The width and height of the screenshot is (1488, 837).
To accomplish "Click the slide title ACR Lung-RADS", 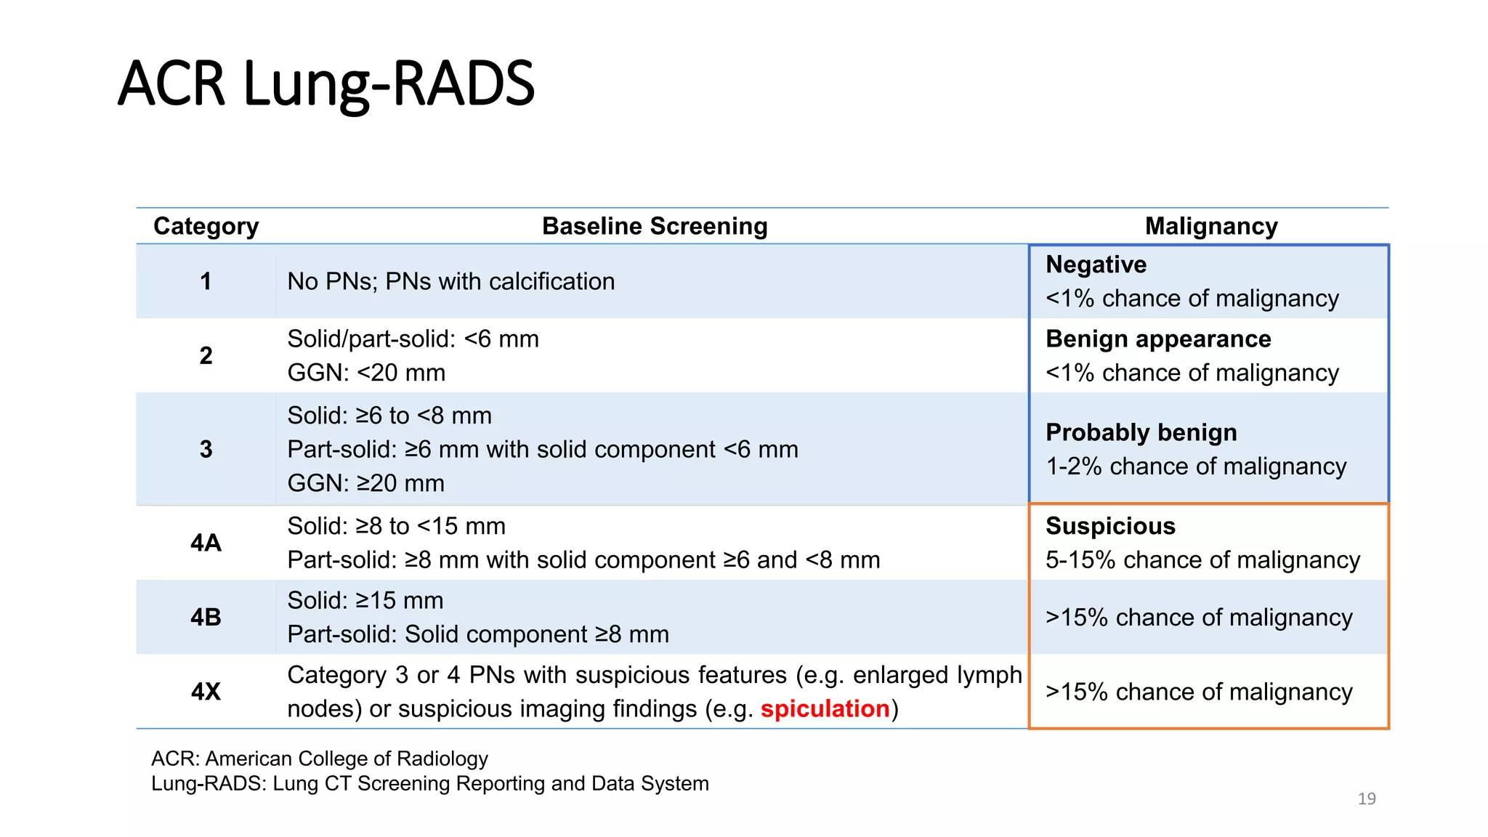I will (326, 84).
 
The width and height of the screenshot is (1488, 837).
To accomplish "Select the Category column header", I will (206, 226).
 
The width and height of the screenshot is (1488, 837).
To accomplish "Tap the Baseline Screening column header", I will (655, 226).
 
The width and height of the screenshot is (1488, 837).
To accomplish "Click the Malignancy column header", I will (1211, 226).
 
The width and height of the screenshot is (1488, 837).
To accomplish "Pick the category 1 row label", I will (206, 281).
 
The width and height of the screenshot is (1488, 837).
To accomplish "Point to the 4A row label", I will (206, 543).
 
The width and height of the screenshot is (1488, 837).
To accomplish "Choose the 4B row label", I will (206, 617).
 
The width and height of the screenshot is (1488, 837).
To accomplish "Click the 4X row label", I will (206, 691).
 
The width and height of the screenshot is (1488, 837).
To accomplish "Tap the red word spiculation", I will (825, 708).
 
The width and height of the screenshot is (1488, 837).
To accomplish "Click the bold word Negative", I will (1096, 264).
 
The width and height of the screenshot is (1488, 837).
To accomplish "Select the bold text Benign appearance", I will (1158, 339).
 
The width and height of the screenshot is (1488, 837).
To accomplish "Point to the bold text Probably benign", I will (1141, 432).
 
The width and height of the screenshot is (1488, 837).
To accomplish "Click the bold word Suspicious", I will (1110, 526).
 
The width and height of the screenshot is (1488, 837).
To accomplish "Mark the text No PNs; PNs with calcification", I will (450, 281).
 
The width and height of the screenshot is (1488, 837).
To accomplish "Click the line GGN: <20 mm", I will (366, 373).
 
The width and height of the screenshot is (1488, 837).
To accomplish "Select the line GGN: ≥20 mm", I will (365, 483).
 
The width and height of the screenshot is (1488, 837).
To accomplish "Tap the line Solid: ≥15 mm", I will (365, 600).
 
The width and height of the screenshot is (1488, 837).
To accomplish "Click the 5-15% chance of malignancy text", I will (1202, 560).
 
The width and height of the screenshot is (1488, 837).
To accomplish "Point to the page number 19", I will (1367, 798).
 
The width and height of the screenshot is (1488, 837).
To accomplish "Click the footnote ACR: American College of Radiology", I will (320, 759).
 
